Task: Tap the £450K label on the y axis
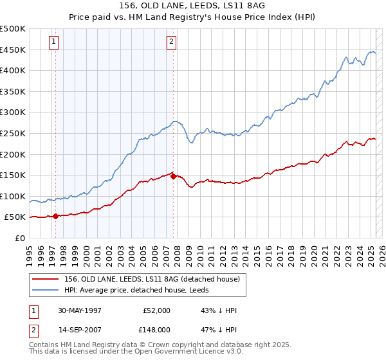point(13,50)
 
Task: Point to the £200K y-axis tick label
point(13,154)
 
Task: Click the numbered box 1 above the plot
point(53,42)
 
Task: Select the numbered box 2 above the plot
point(172,42)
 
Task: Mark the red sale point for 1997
point(56,216)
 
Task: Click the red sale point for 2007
point(173,176)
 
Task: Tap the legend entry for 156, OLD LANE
point(152,278)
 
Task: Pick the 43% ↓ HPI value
point(219,310)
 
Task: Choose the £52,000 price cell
point(157,310)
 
